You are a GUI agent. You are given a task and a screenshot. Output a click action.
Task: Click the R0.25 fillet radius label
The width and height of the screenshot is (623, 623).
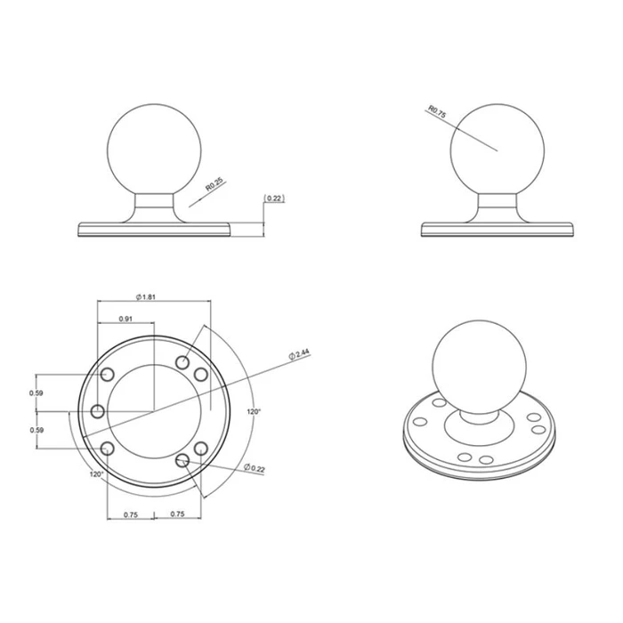click(214, 184)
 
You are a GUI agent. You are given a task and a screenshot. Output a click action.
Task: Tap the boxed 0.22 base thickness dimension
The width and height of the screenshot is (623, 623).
click(273, 198)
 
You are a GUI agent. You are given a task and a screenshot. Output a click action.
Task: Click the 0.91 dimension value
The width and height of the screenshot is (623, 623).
click(125, 319)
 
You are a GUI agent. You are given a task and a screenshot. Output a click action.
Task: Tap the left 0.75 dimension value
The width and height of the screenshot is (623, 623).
click(129, 514)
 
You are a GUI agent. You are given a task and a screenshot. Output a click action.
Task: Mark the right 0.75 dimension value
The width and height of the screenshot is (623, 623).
click(177, 514)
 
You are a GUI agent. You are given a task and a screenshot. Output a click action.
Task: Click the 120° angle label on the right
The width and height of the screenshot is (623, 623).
click(254, 412)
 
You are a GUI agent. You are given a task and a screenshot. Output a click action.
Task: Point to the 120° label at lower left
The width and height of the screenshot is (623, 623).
click(96, 474)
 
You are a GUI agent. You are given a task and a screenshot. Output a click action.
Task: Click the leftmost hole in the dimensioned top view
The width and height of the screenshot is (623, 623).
click(97, 411)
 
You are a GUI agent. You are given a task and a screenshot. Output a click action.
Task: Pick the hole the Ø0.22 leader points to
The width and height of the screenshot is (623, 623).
click(183, 459)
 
